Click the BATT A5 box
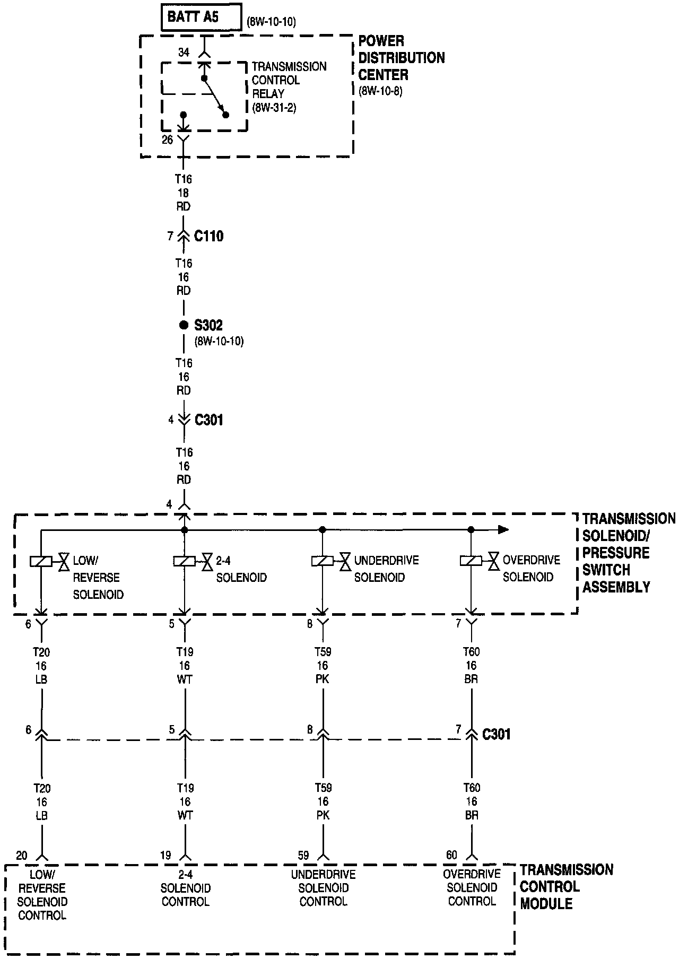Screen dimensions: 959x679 coord(201,17)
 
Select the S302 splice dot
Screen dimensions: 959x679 coord(184,325)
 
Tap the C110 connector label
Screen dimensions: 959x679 coord(208,236)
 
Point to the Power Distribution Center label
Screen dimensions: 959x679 coord(401,58)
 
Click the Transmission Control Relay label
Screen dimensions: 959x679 coord(289,80)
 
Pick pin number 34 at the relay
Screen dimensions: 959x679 coord(184,53)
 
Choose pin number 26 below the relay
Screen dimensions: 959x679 coord(168,140)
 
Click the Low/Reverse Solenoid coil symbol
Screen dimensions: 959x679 coord(41,561)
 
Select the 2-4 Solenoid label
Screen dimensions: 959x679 coord(241,569)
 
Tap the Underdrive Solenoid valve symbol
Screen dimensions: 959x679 coord(345,561)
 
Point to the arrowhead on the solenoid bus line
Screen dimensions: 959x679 coord(503,529)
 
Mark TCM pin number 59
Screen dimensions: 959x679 coord(303,855)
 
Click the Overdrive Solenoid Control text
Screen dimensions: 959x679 coord(472,887)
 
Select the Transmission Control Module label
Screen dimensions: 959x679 coord(566,886)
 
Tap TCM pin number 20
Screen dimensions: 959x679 coord(22,855)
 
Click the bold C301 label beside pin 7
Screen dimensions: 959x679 coord(497,734)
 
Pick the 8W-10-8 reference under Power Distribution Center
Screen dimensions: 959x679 coord(380,91)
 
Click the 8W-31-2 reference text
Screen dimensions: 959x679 coord(274,108)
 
